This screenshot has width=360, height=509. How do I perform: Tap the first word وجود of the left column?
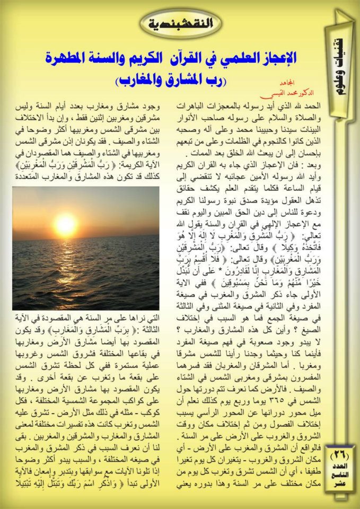(151, 108)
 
